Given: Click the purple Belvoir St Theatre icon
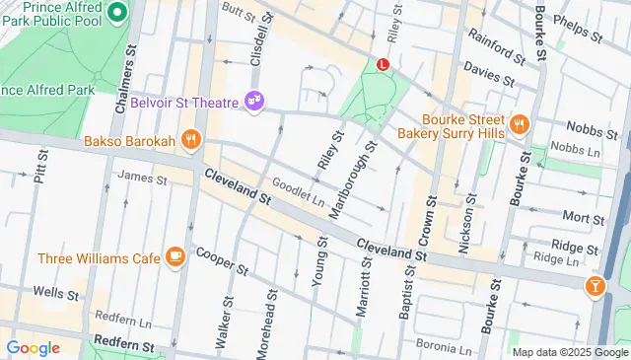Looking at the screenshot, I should pos(255,102).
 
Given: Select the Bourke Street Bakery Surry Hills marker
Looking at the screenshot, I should pos(519,123).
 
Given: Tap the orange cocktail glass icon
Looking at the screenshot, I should pos(596,286).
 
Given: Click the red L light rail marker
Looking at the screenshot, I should pos(384,64).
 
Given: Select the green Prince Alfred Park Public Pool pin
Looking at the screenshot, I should pos(116,13).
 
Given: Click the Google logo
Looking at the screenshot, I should pos(34,347).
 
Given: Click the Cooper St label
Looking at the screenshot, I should pos(220,258).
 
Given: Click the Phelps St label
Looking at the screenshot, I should pos(578,27).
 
